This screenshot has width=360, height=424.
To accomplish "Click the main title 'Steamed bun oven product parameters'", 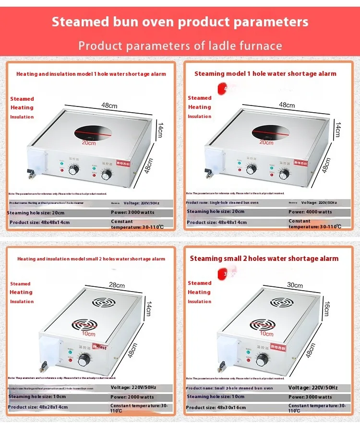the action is pos(180,22).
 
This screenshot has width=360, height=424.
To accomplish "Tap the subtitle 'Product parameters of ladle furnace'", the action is pos(180,46).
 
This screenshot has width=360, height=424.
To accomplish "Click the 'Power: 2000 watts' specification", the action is pos(132,397).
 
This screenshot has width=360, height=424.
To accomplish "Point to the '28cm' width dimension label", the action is pos(117,285).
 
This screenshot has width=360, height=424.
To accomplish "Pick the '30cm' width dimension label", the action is pos(295,285).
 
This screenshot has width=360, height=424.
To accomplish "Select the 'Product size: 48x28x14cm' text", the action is pos(38,407).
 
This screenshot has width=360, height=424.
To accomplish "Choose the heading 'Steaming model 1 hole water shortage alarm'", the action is pos(265,74).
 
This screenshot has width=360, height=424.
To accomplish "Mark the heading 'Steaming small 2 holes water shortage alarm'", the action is pos(264,259).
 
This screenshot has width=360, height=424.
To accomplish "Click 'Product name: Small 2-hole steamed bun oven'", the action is pos(229,388).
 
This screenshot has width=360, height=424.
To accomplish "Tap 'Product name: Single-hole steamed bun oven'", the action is pos(229,203).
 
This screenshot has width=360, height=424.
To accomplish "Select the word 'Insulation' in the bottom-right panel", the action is pos(199,302).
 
